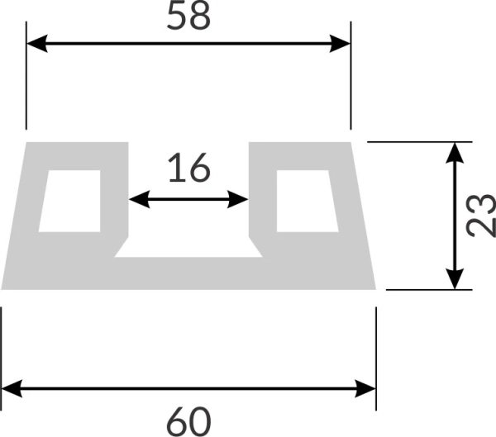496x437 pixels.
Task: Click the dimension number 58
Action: coord(188,17)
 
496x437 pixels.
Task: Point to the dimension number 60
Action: coord(188,420)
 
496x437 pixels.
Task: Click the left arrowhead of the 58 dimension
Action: coord(35,44)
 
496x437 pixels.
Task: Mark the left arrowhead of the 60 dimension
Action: coord(10,387)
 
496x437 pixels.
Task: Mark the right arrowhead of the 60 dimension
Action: coord(368,387)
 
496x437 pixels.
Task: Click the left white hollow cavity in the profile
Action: coord(71,201)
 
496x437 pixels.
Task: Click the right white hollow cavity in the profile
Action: coord(307,201)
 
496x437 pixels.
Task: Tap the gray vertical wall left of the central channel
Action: coord(117,198)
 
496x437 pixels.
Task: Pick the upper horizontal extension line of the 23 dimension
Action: coord(422,142)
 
